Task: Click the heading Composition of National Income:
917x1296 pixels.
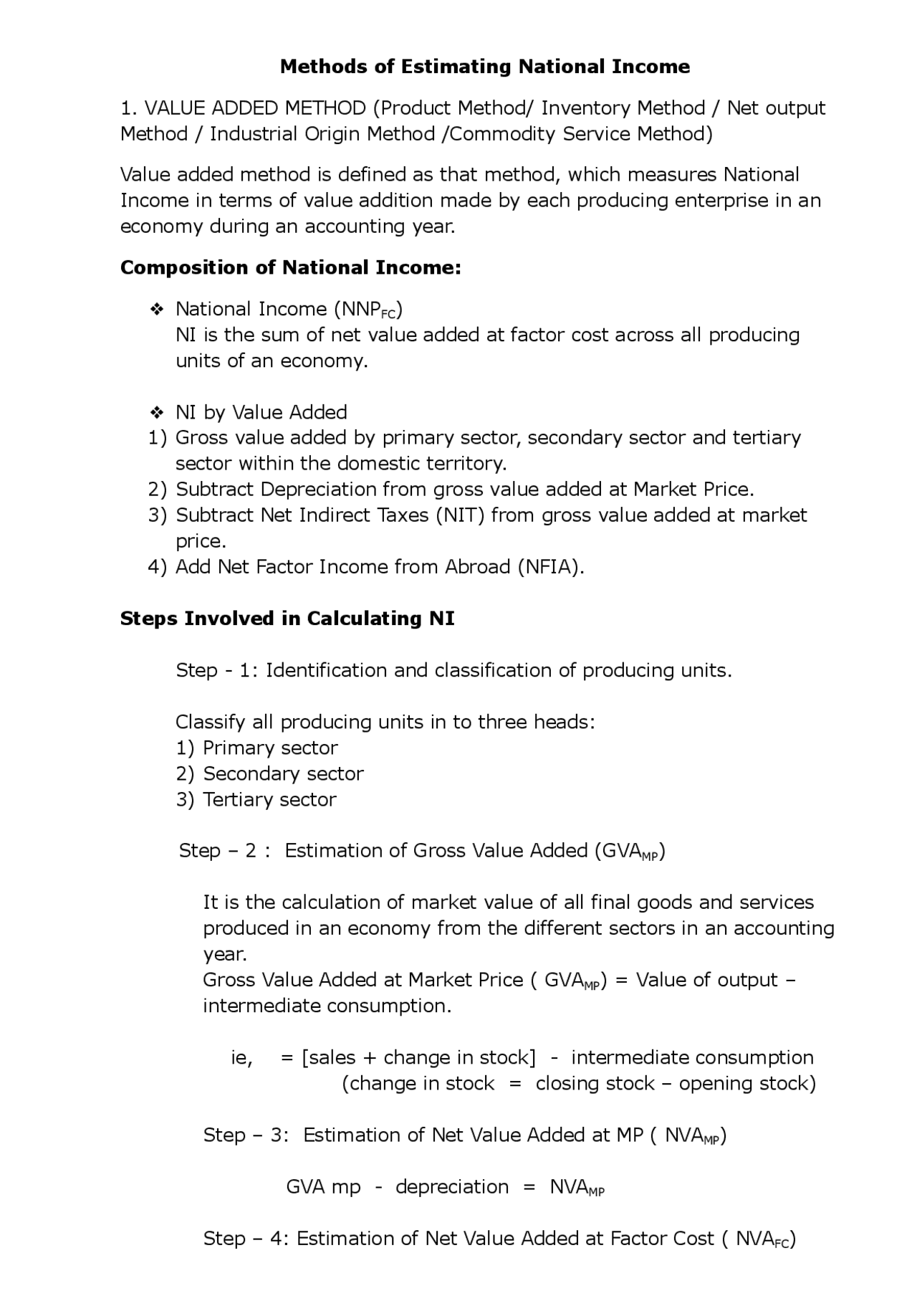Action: pyautogui.click(x=290, y=267)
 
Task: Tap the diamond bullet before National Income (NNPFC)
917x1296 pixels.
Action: pyautogui.click(x=157, y=310)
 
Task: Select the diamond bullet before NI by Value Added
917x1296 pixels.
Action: pyautogui.click(x=157, y=413)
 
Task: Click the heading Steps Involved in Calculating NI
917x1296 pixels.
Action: pyautogui.click(x=287, y=619)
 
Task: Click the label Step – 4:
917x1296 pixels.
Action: pyautogui.click(x=246, y=1238)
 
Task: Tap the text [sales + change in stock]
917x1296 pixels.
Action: pyautogui.click(x=418, y=1057)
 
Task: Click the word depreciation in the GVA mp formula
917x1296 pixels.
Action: pyautogui.click(x=452, y=1186)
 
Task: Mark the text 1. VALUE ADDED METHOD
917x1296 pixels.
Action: pyautogui.click(x=243, y=108)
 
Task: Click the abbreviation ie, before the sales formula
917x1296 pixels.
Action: pyautogui.click(x=241, y=1058)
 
